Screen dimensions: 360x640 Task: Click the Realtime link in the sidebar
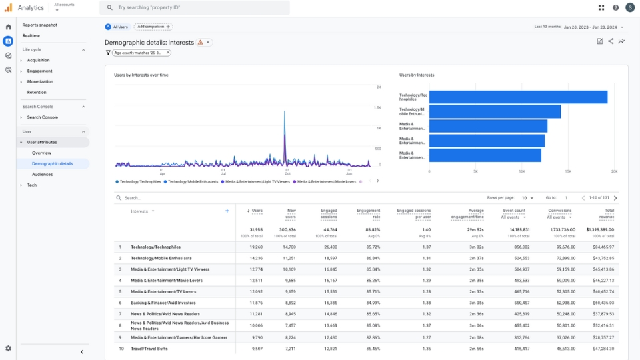point(31,35)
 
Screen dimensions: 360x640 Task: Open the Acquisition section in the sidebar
point(38,60)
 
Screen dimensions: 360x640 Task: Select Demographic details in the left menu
point(52,163)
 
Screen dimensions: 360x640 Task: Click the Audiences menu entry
point(42,174)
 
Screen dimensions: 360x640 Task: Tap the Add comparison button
point(153,27)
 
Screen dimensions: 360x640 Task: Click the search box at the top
point(195,7)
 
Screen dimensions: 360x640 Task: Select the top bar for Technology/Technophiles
point(517,97)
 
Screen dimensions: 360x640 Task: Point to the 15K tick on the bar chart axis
point(568,171)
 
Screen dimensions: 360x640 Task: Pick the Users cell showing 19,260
point(256,247)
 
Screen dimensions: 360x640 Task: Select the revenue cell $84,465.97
point(603,247)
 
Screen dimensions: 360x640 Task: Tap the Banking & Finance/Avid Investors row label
point(164,303)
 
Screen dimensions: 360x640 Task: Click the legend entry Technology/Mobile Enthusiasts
point(192,181)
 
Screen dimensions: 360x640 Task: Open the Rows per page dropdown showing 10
point(527,198)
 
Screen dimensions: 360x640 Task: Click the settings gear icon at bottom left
point(8,348)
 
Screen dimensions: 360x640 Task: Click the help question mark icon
point(615,7)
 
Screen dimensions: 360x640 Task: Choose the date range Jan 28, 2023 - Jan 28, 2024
point(593,27)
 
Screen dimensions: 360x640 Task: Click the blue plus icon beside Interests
point(227,211)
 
